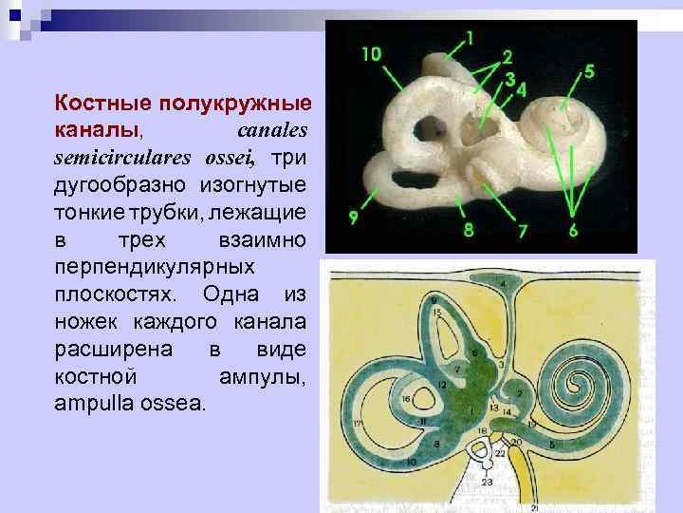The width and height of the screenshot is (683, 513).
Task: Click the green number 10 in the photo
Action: coord(371,54)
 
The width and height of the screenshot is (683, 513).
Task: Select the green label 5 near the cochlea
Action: coord(589,71)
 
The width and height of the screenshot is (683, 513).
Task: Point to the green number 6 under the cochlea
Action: coord(573,231)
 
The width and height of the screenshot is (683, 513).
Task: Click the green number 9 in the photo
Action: coord(353,218)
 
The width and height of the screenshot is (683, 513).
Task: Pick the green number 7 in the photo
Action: coord(521,231)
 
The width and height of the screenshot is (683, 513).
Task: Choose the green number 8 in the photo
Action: coord(468,229)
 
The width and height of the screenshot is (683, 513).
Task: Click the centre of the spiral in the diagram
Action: coord(576,384)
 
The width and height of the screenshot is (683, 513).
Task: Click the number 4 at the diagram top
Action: coord(503,283)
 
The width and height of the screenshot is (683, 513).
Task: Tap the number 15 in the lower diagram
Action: coord(435,311)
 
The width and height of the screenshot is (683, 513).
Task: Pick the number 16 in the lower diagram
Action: coord(405,400)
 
